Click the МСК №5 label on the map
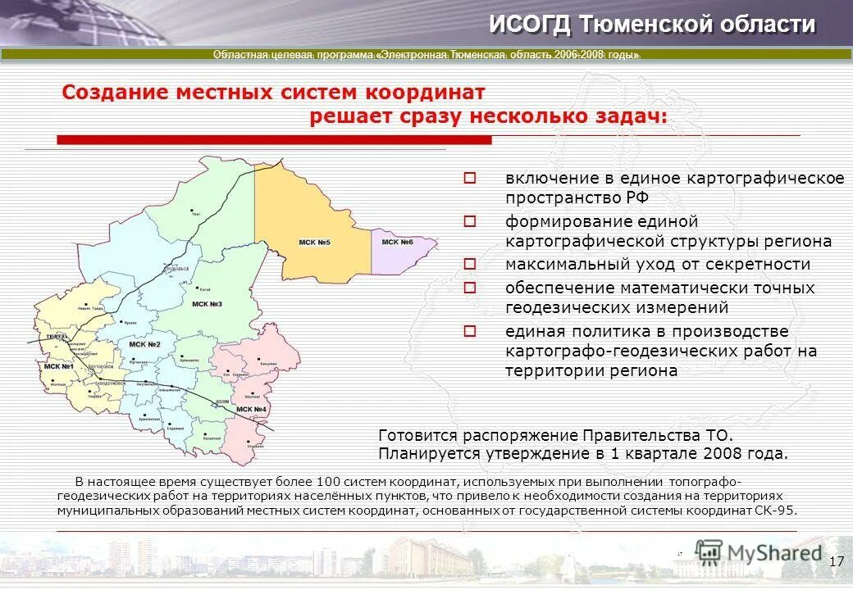tap(314, 243)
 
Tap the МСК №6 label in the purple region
tap(398, 242)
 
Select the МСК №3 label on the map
tap(207, 304)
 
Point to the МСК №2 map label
tap(144, 344)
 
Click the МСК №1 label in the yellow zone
tap(59, 365)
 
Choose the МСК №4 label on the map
tap(251, 409)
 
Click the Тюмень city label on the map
tap(57, 337)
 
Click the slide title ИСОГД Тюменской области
tap(652, 25)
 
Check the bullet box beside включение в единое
tap(470, 178)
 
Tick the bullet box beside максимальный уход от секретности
tap(470, 264)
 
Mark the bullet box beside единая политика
tap(470, 331)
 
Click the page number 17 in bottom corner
tap(836, 561)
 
